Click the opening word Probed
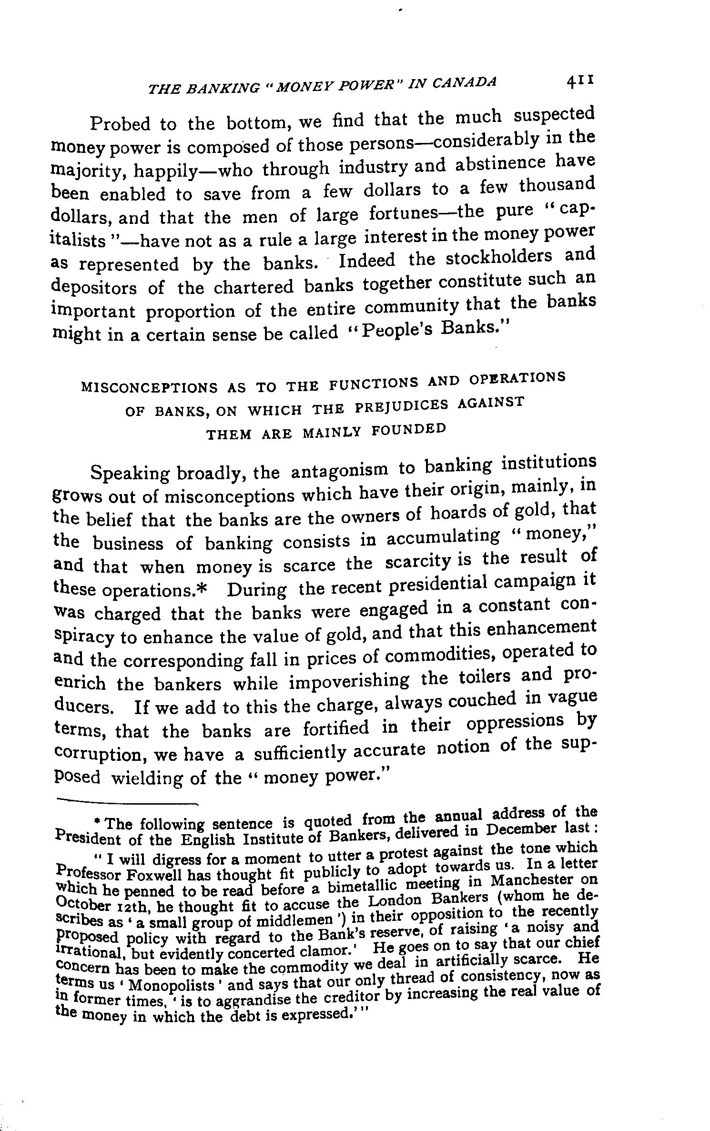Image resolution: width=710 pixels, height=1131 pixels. pyautogui.click(x=121, y=124)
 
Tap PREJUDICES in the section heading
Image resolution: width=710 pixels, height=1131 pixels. pyautogui.click(x=402, y=406)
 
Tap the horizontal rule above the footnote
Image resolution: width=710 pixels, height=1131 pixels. pyautogui.click(x=126, y=801)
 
